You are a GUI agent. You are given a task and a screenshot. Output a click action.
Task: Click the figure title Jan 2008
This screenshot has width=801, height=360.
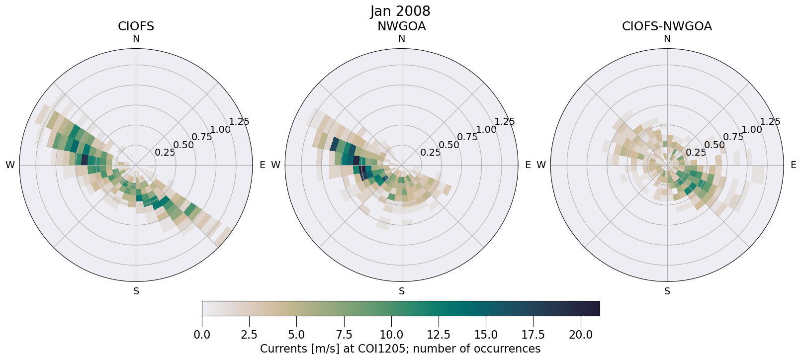[x=400, y=11]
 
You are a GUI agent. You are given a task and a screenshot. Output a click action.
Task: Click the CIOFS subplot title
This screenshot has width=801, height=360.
[x=136, y=26]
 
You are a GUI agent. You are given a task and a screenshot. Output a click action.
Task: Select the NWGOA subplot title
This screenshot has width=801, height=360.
[x=401, y=26]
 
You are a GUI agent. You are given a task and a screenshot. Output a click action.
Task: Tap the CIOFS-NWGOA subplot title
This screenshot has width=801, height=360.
[x=667, y=26]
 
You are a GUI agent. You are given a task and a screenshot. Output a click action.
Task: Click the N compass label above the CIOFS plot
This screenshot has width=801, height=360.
[x=136, y=39]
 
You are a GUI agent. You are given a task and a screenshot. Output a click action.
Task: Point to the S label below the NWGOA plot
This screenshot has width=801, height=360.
[x=402, y=291]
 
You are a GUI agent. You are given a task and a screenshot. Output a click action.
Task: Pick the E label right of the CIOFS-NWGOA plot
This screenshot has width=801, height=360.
[x=794, y=165]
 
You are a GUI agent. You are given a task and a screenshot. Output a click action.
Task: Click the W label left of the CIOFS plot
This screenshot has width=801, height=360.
[x=10, y=165]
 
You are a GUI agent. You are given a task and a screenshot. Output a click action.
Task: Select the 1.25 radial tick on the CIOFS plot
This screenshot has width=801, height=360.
[x=239, y=121]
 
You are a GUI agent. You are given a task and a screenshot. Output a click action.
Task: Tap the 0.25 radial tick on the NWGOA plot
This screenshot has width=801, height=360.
[x=431, y=153]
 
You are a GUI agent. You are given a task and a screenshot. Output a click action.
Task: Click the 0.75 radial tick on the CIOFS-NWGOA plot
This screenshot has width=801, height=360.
[x=733, y=137]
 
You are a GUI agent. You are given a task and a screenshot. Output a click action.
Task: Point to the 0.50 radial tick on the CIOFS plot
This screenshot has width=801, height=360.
[x=183, y=145]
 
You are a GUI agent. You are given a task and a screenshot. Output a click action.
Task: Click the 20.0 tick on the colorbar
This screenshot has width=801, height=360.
[x=581, y=335]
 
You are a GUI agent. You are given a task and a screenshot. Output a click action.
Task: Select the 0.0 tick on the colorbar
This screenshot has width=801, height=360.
[x=202, y=335]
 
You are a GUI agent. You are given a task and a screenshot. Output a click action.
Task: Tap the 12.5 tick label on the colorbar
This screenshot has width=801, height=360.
[x=439, y=335]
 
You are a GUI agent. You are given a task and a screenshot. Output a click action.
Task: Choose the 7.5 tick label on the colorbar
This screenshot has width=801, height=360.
[x=344, y=335]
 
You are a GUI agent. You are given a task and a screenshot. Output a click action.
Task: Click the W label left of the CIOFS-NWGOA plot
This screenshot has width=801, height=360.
[x=541, y=165]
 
